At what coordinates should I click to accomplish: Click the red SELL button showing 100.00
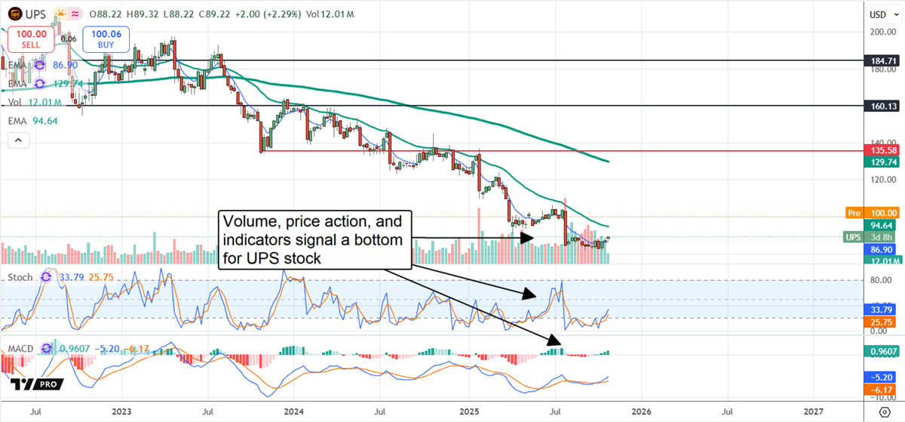point(31,39)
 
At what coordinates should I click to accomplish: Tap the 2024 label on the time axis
point(294,412)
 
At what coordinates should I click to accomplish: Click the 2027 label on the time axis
point(814,412)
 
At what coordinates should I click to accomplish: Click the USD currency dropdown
point(878,14)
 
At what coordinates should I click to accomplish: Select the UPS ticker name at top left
point(35,14)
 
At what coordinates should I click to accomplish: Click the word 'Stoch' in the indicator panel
point(20,277)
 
